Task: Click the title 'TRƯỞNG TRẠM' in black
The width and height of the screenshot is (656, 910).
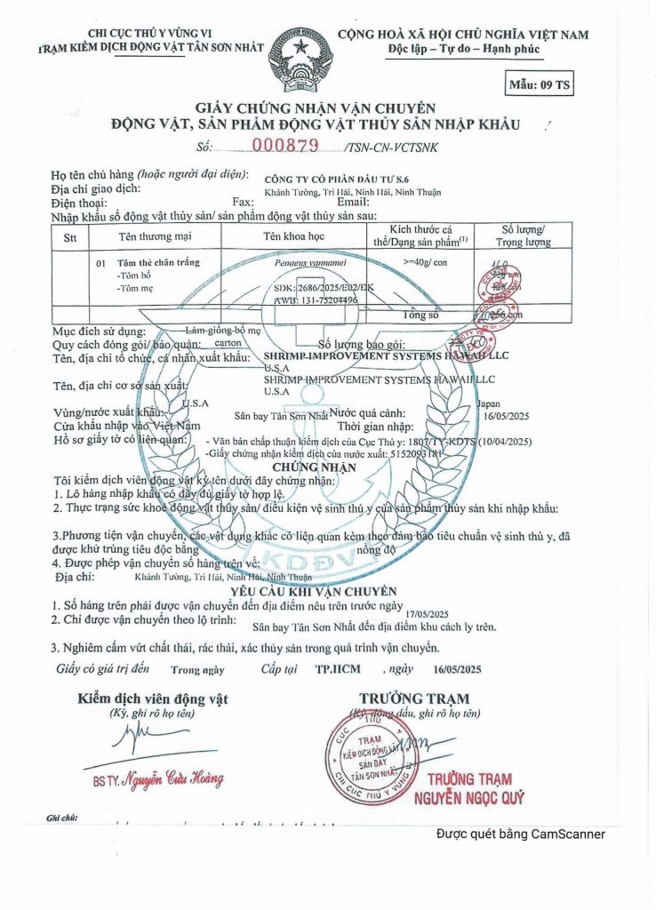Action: pos(414,698)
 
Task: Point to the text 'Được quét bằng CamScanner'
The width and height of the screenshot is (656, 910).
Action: pos(521,834)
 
